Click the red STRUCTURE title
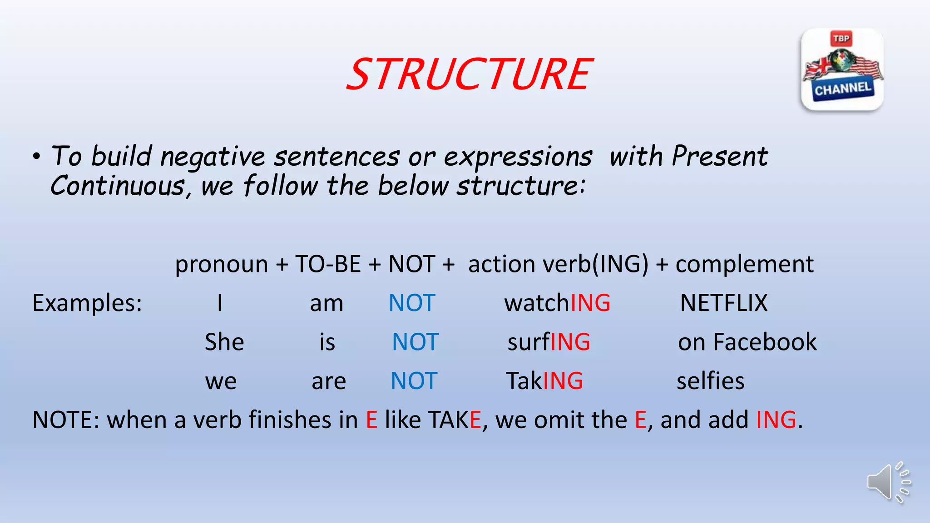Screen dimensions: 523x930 click(x=469, y=74)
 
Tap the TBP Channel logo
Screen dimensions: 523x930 click(x=842, y=69)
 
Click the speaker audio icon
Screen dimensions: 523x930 click(x=888, y=483)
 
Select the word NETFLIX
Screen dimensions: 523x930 click(x=723, y=303)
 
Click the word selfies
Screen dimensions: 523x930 click(x=710, y=381)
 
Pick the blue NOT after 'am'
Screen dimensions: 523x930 click(x=412, y=303)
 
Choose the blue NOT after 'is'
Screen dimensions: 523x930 click(x=415, y=342)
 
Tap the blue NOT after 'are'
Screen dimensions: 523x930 click(x=414, y=381)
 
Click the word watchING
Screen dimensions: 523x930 click(x=557, y=303)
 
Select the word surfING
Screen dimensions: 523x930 click(x=549, y=342)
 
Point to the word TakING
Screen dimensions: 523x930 click(x=544, y=381)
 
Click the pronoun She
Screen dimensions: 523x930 click(x=224, y=342)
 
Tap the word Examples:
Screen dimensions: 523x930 click(x=87, y=303)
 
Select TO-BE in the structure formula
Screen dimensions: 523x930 click(x=328, y=264)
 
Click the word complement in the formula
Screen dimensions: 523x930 click(x=744, y=264)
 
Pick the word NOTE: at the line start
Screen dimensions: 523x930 click(x=66, y=420)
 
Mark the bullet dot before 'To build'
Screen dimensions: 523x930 click(x=37, y=157)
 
